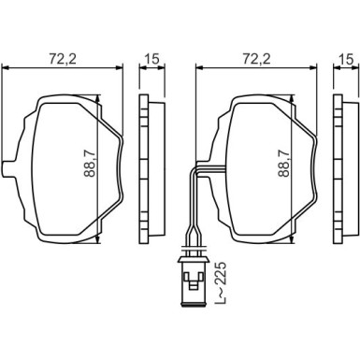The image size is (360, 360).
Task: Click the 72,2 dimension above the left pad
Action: click(x=63, y=59)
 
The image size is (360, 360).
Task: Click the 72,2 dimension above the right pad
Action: click(x=256, y=59)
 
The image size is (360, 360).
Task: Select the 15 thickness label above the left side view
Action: click(x=151, y=59)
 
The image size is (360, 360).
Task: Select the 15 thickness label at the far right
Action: click(x=346, y=59)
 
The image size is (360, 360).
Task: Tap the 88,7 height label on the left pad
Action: click(x=90, y=163)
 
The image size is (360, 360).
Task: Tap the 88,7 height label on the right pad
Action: click(x=284, y=163)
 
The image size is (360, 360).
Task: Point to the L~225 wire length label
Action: click(x=221, y=283)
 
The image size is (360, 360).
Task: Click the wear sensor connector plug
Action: click(x=193, y=281)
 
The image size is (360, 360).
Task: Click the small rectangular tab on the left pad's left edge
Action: click(x=8, y=169)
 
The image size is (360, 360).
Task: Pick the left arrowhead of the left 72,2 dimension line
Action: click(x=6, y=68)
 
